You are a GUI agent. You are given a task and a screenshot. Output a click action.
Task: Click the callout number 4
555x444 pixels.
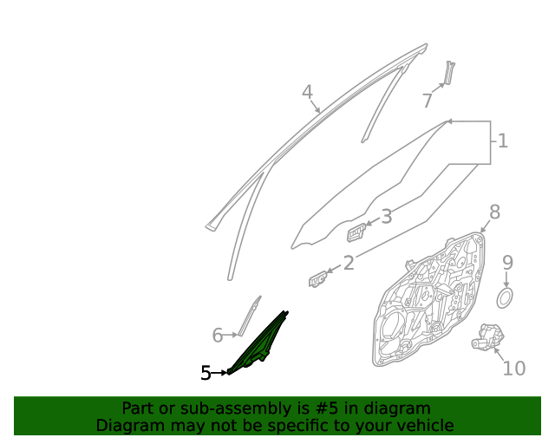click(307, 92)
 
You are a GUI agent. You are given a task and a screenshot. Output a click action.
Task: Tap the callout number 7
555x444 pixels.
click(428, 101)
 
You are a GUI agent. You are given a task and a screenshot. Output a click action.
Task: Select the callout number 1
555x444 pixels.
click(503, 141)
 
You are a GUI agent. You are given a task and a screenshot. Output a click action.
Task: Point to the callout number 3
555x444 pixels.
click(387, 216)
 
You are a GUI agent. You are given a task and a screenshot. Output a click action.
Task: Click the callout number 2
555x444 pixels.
click(349, 263)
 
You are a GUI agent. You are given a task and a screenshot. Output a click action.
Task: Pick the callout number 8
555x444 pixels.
click(494, 212)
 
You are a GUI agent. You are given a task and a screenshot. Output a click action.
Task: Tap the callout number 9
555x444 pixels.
click(507, 263)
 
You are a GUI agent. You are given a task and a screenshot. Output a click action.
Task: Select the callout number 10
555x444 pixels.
click(514, 369)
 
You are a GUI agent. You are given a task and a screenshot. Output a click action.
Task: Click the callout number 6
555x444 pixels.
click(218, 335)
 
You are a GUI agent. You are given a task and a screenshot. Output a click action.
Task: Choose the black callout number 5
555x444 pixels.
click(206, 373)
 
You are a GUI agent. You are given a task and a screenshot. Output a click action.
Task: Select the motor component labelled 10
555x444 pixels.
click(487, 336)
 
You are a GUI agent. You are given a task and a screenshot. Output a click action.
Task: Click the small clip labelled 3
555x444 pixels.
click(356, 232)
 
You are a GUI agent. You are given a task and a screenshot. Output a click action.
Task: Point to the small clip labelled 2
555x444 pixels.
click(317, 279)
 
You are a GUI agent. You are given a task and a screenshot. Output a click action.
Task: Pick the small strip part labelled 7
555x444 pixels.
click(449, 73)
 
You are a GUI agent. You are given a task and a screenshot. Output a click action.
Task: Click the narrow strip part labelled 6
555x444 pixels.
click(249, 317)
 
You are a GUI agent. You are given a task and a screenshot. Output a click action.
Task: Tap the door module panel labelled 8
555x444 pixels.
click(428, 299)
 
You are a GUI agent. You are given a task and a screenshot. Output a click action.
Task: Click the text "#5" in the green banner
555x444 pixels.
click(326, 408)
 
